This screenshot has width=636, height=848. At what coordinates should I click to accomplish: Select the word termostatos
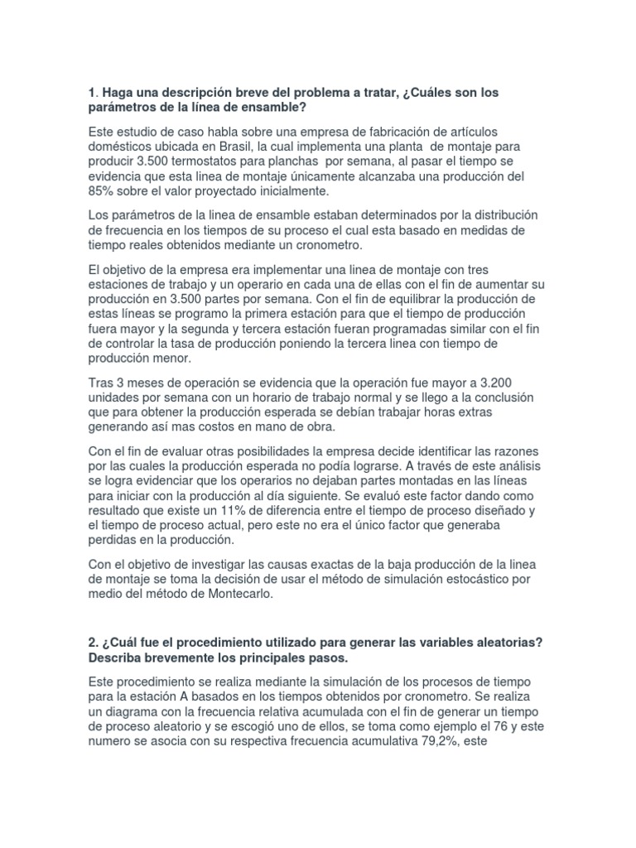(215, 162)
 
